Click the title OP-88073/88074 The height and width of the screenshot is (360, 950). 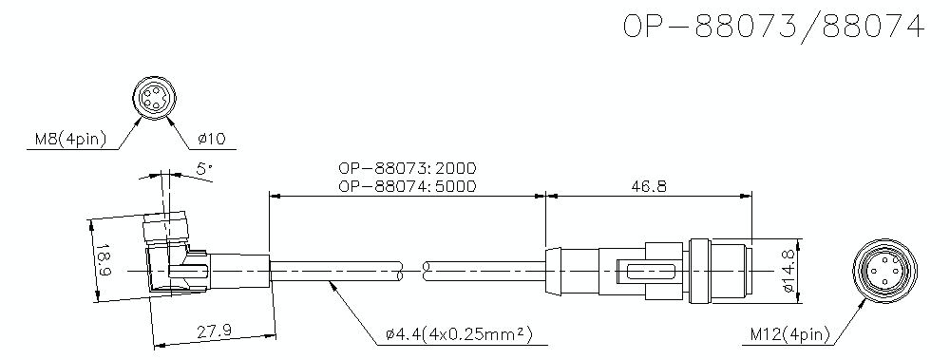click(x=772, y=28)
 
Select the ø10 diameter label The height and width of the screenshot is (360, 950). click(x=211, y=141)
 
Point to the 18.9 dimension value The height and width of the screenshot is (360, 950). click(x=104, y=261)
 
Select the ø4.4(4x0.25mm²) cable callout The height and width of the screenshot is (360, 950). click(x=458, y=333)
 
